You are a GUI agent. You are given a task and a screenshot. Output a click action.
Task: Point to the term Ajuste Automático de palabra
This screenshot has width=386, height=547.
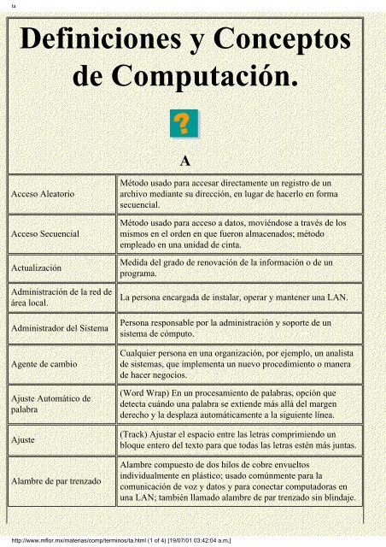pos(57,403)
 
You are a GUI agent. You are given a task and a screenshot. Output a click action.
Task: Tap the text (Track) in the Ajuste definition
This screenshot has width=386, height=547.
pos(138,432)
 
